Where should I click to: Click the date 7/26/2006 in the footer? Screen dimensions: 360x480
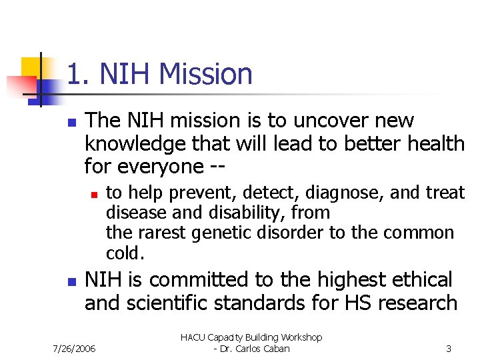(74, 349)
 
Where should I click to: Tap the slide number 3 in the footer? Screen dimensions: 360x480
(449, 349)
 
